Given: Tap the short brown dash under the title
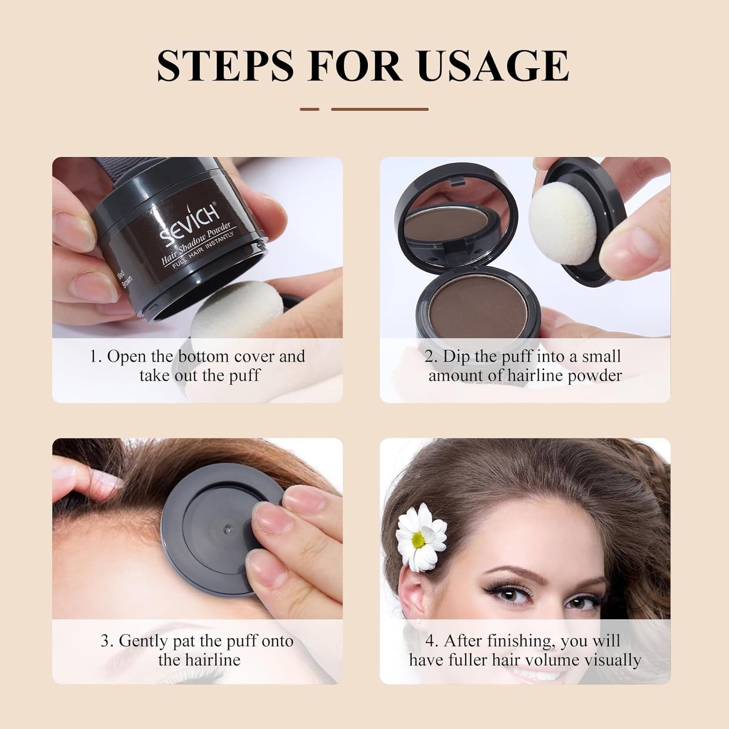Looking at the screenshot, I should [309, 109].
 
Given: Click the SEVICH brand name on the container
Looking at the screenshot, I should [189, 222].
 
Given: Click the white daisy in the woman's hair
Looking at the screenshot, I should [421, 537].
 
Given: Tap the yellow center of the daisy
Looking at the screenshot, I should [418, 540].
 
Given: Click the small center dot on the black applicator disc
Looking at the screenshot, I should [227, 528].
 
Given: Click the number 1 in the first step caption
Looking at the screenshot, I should [93, 356].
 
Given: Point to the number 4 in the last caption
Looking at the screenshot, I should [430, 641].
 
